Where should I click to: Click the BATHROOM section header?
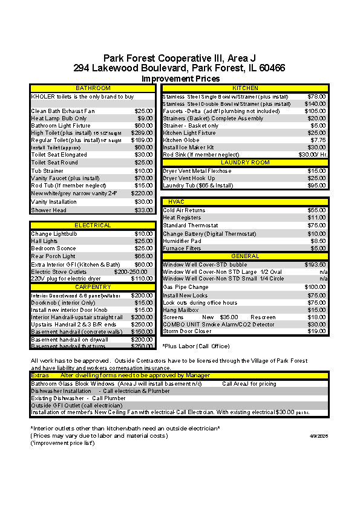click(93, 88)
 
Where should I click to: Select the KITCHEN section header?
click(245, 88)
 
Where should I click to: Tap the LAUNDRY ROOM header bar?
click(245, 163)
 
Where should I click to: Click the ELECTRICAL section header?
click(93, 225)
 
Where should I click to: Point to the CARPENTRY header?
click(93, 287)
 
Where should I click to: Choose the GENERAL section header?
click(245, 256)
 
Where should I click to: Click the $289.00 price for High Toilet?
click(142, 133)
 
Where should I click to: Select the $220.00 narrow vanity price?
click(142, 193)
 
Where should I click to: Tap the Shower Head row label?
click(49, 210)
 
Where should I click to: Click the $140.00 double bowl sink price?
click(315, 104)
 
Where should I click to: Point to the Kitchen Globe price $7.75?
click(318, 140)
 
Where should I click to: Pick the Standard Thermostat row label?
click(191, 225)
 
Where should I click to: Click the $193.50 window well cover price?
click(315, 264)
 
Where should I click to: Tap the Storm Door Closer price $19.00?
click(316, 331)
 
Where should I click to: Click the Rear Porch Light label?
click(53, 256)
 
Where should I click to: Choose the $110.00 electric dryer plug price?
click(142, 279)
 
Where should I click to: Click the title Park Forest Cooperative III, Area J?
click(179, 58)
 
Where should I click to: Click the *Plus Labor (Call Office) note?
click(195, 346)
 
